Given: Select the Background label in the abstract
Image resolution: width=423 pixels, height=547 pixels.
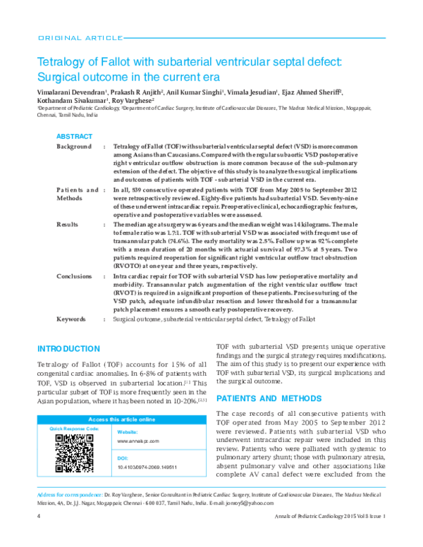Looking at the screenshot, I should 74,146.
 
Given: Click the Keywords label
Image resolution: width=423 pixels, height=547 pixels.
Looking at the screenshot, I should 71,319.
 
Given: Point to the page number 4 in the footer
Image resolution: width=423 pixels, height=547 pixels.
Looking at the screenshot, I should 37,536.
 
